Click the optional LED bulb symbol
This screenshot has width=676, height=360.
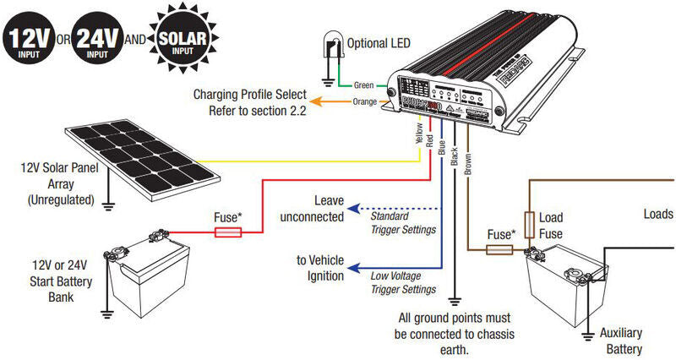point(333,46)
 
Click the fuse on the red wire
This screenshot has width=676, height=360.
point(226,229)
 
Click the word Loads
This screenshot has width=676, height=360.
point(659,214)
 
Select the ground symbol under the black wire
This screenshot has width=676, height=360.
point(455,298)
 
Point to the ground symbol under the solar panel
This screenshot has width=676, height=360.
point(108,204)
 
